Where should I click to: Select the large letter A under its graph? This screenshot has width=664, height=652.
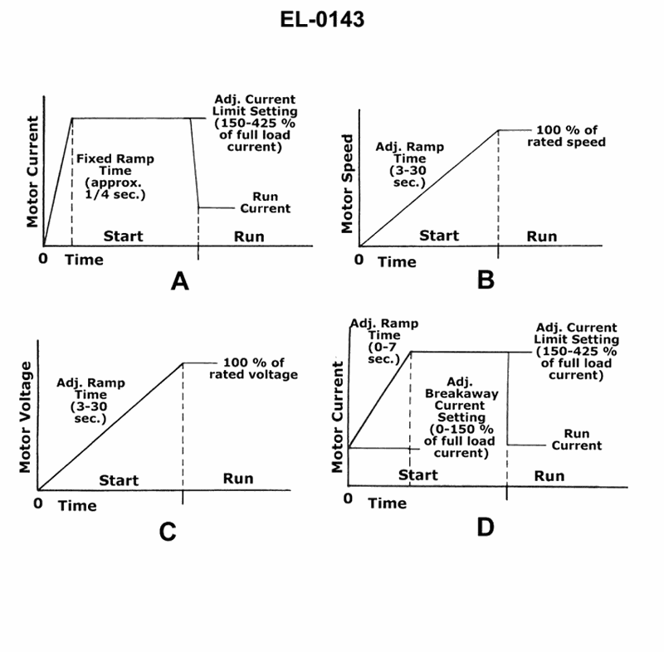click(x=179, y=282)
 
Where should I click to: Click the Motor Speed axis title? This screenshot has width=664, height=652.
click(x=349, y=184)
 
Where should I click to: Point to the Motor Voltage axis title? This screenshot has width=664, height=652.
click(x=25, y=416)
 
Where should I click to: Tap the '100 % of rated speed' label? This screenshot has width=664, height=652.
click(x=566, y=135)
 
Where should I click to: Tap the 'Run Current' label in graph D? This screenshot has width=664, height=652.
click(x=577, y=439)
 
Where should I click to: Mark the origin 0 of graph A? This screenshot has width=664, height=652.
click(x=46, y=258)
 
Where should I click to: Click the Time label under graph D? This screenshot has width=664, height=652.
click(x=387, y=503)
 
